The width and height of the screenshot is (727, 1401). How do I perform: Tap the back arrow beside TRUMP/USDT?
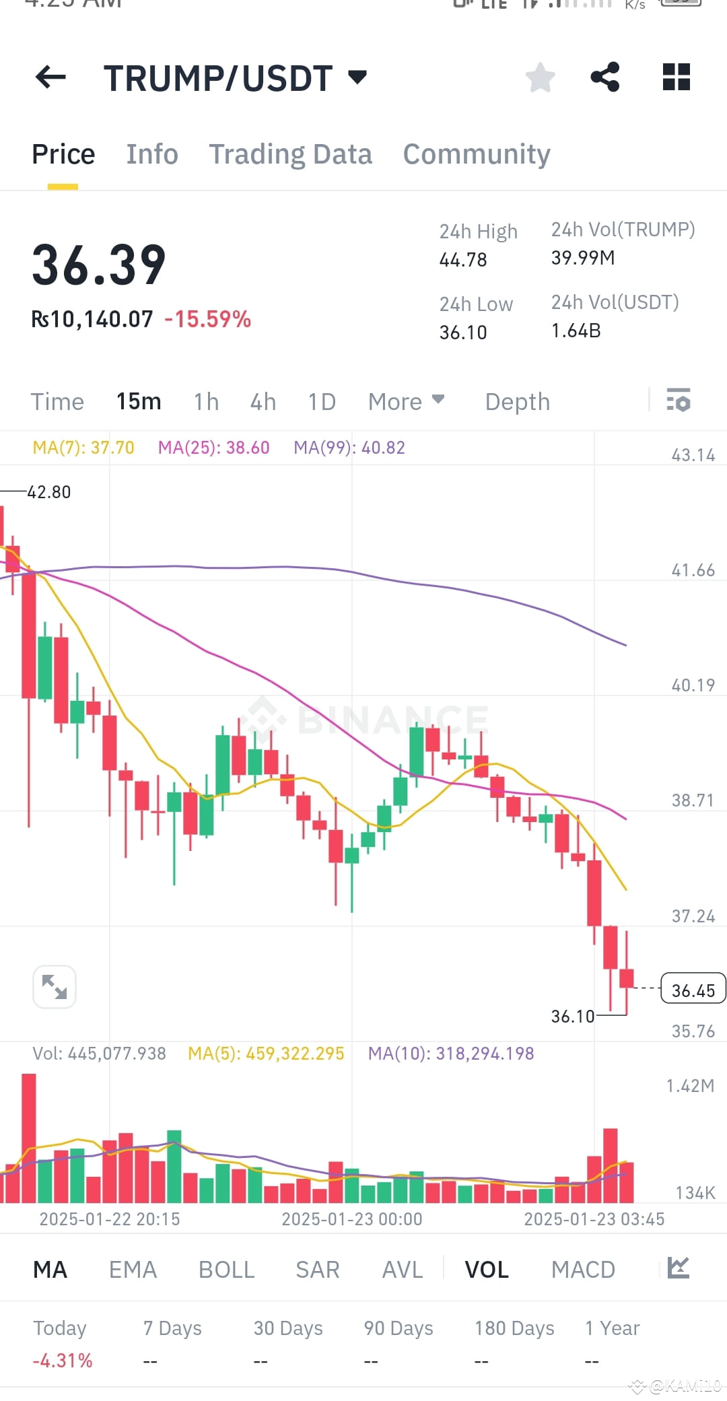pyautogui.click(x=50, y=77)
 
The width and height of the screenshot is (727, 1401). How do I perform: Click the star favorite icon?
pyautogui.click(x=540, y=77)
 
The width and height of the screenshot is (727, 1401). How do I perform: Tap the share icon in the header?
pyautogui.click(x=605, y=77)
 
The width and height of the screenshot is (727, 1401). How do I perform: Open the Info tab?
pyautogui.click(x=152, y=154)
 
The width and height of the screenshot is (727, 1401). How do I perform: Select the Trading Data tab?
pyautogui.click(x=290, y=154)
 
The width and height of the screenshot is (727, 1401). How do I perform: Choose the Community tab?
pyautogui.click(x=477, y=154)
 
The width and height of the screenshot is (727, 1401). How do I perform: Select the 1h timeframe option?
pyautogui.click(x=206, y=402)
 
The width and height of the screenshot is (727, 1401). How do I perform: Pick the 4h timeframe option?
pyautogui.click(x=263, y=402)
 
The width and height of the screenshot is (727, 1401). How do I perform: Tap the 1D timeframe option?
pyautogui.click(x=322, y=402)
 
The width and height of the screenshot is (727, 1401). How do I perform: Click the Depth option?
pyautogui.click(x=518, y=402)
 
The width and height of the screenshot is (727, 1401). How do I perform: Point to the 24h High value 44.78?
pyautogui.click(x=463, y=260)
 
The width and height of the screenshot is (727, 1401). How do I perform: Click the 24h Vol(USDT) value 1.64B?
pyautogui.click(x=576, y=331)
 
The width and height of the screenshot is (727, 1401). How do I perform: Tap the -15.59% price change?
pyautogui.click(x=208, y=319)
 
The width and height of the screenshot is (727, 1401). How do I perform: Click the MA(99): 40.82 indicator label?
pyautogui.click(x=349, y=448)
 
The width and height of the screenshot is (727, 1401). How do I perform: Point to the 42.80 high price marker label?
pyautogui.click(x=48, y=492)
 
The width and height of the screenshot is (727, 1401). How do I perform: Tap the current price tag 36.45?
pyautogui.click(x=693, y=990)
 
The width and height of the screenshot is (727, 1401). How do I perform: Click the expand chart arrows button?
pyautogui.click(x=55, y=987)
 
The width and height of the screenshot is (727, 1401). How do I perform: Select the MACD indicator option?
pyautogui.click(x=583, y=1270)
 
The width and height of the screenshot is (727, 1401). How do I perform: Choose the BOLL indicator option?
pyautogui.click(x=226, y=1270)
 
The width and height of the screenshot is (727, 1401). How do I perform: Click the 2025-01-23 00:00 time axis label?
pyautogui.click(x=352, y=1219)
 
